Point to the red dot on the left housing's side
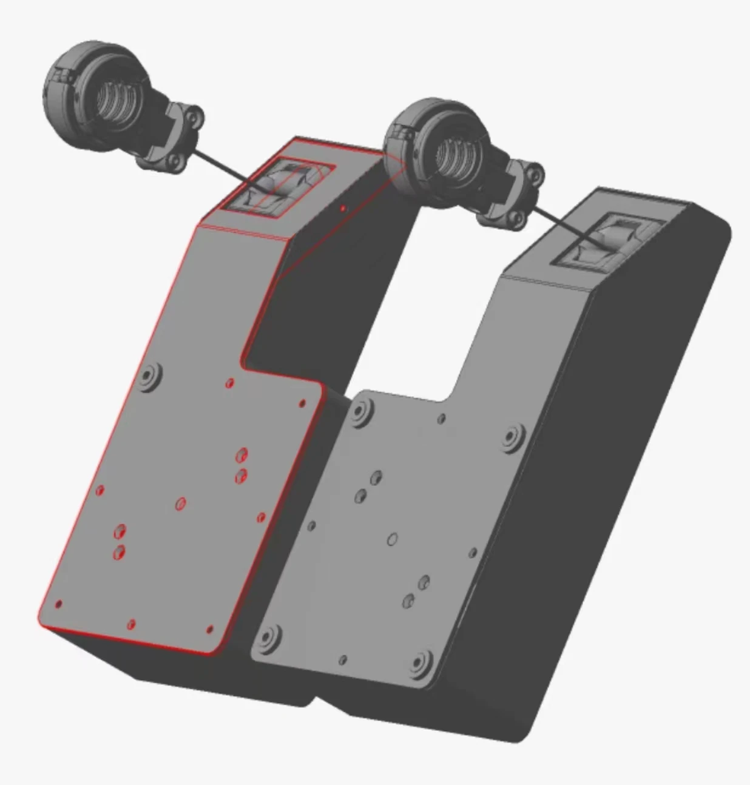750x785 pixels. point(343,209)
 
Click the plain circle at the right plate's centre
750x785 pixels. point(393,539)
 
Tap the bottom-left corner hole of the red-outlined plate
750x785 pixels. point(59,604)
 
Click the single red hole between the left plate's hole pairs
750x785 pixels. point(180,504)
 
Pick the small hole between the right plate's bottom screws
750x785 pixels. point(343,659)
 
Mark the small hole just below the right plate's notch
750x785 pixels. point(442,418)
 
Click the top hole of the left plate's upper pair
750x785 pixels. point(242,454)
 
